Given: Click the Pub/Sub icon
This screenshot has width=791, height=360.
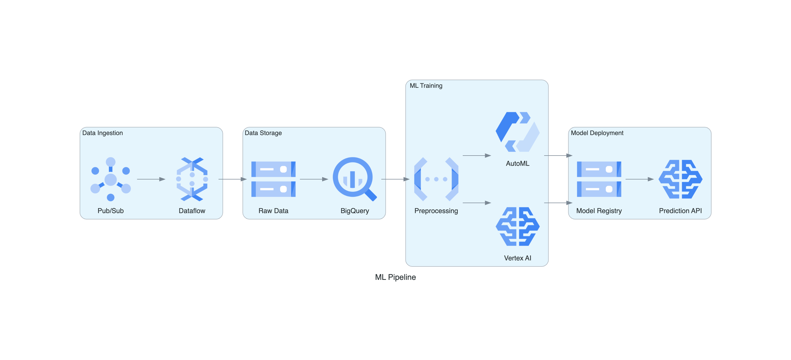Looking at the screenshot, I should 110,179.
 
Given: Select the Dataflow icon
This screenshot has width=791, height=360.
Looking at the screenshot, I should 192,179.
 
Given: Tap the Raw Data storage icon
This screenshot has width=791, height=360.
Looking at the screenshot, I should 273,179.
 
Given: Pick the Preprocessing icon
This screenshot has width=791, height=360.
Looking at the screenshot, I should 436,179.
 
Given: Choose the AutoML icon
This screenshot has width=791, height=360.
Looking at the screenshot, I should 518,132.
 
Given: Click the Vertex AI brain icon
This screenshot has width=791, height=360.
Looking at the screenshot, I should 518,227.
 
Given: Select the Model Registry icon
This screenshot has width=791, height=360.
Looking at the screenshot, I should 599,179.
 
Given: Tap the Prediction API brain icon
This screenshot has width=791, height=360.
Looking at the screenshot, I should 680,179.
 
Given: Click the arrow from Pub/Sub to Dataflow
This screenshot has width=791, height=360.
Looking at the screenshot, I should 151,179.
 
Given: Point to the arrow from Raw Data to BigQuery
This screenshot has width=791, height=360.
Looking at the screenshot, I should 314,179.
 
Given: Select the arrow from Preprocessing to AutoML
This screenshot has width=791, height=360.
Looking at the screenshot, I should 476,156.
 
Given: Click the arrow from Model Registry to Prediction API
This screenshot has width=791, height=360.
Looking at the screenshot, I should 639,179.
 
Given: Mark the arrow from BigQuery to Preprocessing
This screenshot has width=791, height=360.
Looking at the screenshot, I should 395,179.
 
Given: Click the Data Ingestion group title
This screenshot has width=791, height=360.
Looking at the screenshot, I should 103,133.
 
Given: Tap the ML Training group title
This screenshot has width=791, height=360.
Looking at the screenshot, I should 426,86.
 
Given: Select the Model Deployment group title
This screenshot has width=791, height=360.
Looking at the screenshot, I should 597,133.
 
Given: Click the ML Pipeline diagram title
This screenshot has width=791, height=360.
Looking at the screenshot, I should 395,277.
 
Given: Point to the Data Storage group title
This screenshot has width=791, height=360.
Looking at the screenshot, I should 263,133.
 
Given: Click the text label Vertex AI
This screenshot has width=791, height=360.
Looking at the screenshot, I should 518,258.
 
